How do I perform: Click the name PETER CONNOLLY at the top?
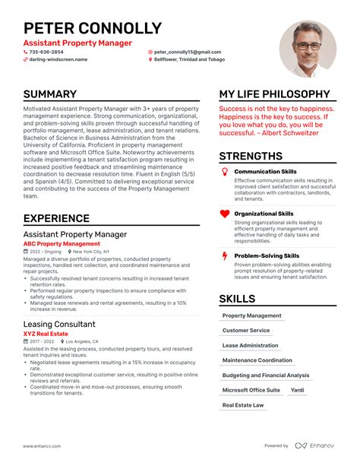click(93, 29)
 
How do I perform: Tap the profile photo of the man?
click(308, 48)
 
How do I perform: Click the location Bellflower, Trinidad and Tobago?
click(188, 59)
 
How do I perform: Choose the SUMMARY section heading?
click(61, 94)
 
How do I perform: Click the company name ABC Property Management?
click(62, 244)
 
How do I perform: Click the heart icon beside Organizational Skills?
click(224, 215)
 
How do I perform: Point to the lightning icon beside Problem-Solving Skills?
click(224, 257)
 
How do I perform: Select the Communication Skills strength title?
click(265, 171)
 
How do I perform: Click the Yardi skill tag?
click(298, 390)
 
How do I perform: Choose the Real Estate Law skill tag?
click(243, 405)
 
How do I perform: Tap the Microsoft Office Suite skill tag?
click(251, 390)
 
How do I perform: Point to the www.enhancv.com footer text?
click(42, 445)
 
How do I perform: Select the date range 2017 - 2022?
click(43, 342)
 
